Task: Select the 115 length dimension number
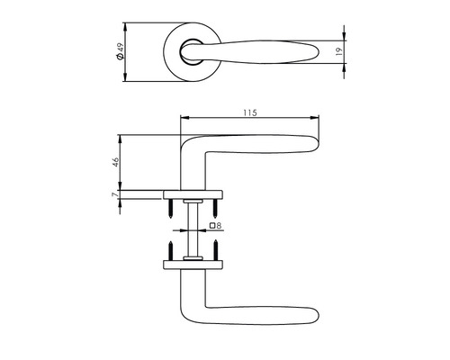pos(250,112)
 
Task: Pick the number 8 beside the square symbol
pos(219,225)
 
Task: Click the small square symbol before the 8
pos(211,225)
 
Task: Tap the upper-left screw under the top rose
pos(168,209)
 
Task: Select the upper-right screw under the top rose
pos(216,209)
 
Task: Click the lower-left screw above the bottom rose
pos(168,247)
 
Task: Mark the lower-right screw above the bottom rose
pos(216,247)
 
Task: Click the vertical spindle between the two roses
pos(192,229)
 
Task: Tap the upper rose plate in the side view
pos(192,193)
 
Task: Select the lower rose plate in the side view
pos(192,265)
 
